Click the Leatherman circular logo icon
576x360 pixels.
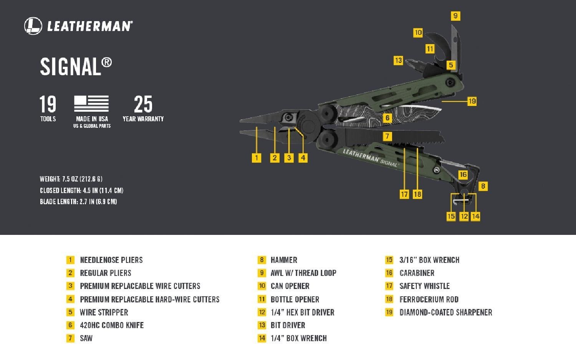click(33, 26)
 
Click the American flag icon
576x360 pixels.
click(91, 103)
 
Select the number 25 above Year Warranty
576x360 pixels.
click(143, 104)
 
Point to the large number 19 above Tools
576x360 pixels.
click(48, 104)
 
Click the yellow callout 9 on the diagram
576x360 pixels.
click(455, 16)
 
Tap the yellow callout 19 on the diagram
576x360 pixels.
click(472, 101)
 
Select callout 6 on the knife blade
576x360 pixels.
click(387, 118)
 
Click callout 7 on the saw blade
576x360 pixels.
click(387, 136)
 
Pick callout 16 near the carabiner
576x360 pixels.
click(463, 175)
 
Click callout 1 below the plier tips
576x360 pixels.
click(257, 158)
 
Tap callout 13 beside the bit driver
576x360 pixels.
click(398, 60)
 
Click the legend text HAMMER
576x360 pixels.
click(284, 260)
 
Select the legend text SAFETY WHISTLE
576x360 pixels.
click(424, 286)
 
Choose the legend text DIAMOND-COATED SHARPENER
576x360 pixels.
click(445, 312)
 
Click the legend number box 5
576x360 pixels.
click(70, 312)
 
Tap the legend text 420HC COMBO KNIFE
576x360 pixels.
click(111, 325)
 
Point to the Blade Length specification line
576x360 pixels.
click(78, 201)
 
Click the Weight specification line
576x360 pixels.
click(71, 179)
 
